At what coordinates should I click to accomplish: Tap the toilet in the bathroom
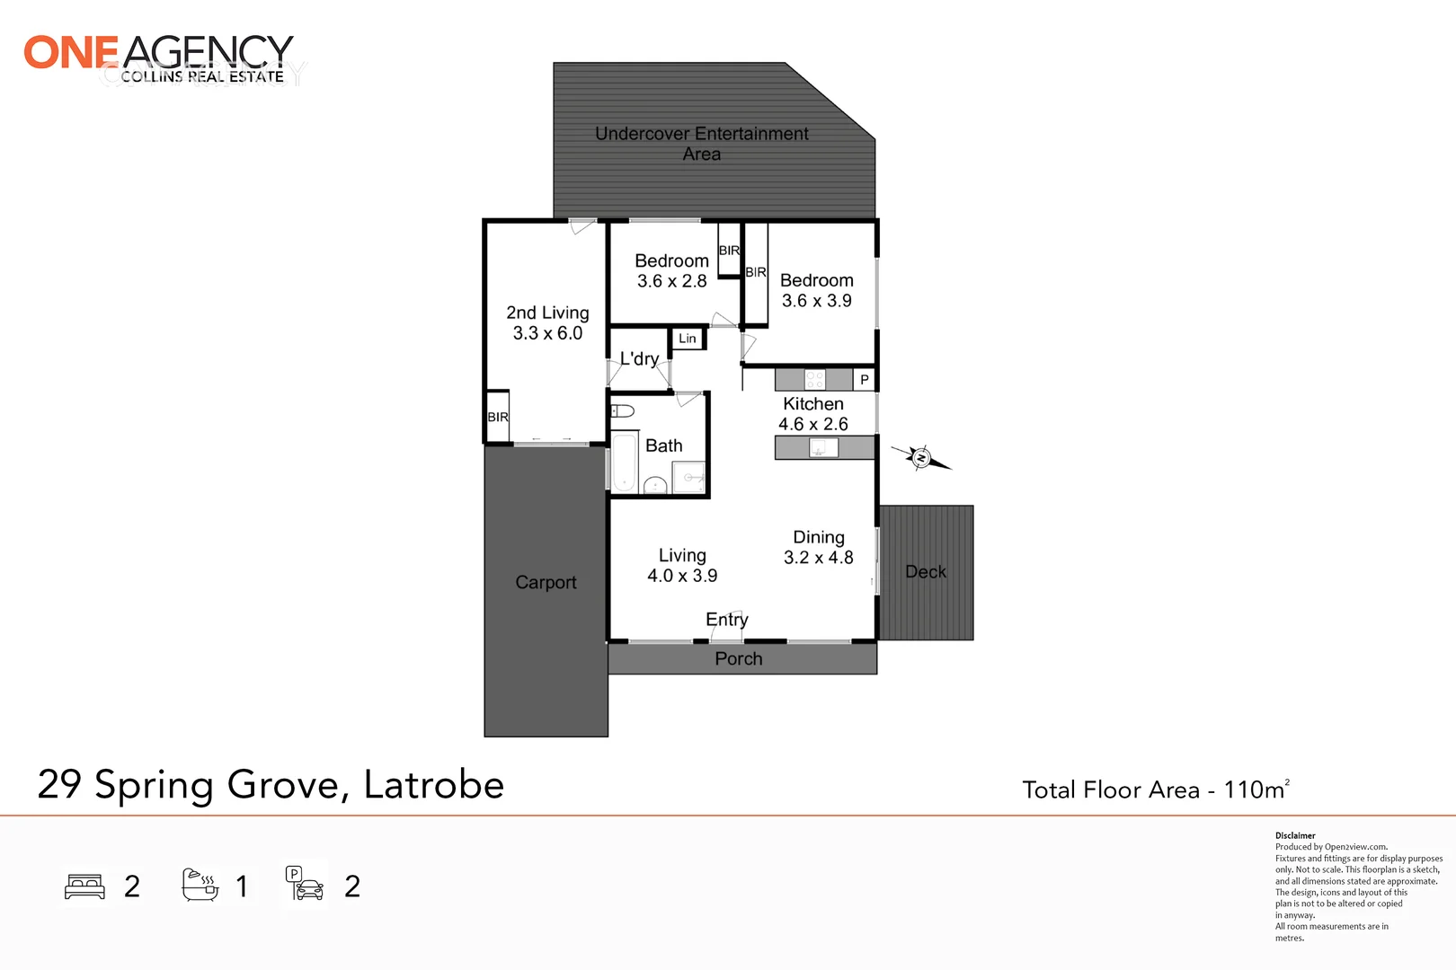click(x=622, y=411)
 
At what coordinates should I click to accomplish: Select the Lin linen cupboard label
click(x=688, y=339)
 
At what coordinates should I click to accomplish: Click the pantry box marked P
click(x=865, y=380)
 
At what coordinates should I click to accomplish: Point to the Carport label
click(x=546, y=582)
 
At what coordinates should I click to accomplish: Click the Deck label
click(x=926, y=572)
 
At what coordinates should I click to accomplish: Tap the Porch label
click(x=739, y=659)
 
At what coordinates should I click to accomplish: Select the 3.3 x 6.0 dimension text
click(x=547, y=333)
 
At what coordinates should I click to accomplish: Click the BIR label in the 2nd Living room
click(x=498, y=417)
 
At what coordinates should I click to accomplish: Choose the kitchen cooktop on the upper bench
click(x=815, y=379)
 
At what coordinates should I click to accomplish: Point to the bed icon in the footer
click(x=85, y=886)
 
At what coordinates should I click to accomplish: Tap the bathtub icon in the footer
click(x=200, y=886)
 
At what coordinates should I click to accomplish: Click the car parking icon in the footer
click(x=305, y=885)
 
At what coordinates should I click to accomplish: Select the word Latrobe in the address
click(x=433, y=785)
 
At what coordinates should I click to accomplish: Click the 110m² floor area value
click(x=1256, y=789)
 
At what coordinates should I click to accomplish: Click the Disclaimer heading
click(x=1295, y=835)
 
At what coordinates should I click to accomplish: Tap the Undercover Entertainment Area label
click(x=701, y=144)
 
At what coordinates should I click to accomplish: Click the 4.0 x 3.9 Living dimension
click(x=682, y=576)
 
